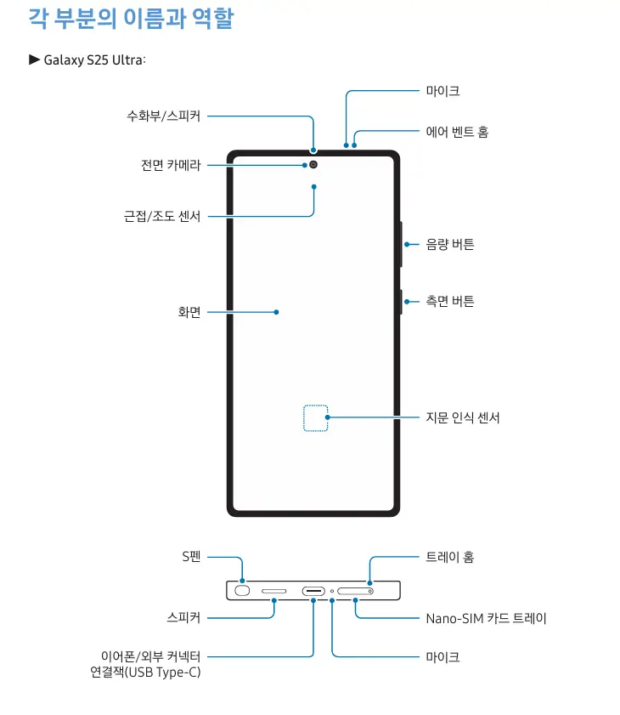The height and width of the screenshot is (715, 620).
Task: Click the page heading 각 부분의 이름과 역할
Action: [131, 18]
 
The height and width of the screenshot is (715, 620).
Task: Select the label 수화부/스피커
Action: [164, 116]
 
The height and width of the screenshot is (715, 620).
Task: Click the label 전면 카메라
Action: [171, 165]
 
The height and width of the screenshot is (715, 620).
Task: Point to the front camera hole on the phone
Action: [313, 164]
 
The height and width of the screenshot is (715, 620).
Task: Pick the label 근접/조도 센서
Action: [162, 216]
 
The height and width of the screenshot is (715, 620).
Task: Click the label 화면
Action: [189, 312]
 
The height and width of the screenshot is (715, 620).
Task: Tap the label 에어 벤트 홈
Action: [457, 132]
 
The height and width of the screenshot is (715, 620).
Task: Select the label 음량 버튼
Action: [450, 244]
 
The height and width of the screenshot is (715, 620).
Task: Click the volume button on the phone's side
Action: [400, 244]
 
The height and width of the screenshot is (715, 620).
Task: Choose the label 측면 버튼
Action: [450, 301]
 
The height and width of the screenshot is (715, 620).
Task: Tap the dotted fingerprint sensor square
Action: [315, 417]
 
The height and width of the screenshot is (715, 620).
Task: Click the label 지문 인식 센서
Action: [463, 417]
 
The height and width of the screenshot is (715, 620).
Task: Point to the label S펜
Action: [191, 557]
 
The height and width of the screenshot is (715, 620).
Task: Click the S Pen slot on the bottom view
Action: [242, 590]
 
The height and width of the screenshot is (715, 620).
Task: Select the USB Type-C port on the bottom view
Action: [313, 590]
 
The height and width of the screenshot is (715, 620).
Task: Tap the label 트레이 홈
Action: [450, 557]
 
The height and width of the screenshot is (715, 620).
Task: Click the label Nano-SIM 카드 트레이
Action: [486, 618]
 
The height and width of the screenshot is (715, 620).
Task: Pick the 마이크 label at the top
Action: [442, 90]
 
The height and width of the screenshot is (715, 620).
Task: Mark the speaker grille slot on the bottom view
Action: [274, 590]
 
